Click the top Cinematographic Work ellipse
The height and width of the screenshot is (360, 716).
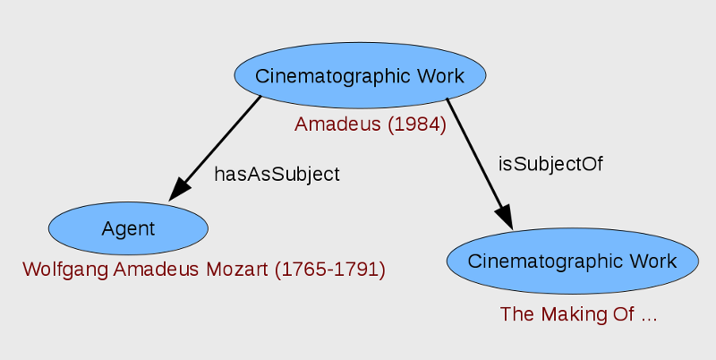(x=360, y=75)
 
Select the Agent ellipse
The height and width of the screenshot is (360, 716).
(x=128, y=228)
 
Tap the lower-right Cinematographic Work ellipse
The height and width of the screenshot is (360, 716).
(x=572, y=261)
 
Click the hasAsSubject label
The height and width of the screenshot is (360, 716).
(x=277, y=174)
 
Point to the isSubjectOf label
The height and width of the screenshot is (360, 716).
(x=550, y=164)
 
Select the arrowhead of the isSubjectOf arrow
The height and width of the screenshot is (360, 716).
(x=503, y=217)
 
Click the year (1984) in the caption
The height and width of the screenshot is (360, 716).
(x=417, y=124)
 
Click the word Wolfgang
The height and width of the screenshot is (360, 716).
(x=59, y=269)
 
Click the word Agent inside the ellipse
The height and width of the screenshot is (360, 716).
(x=128, y=228)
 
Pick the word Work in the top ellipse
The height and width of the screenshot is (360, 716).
(x=441, y=75)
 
